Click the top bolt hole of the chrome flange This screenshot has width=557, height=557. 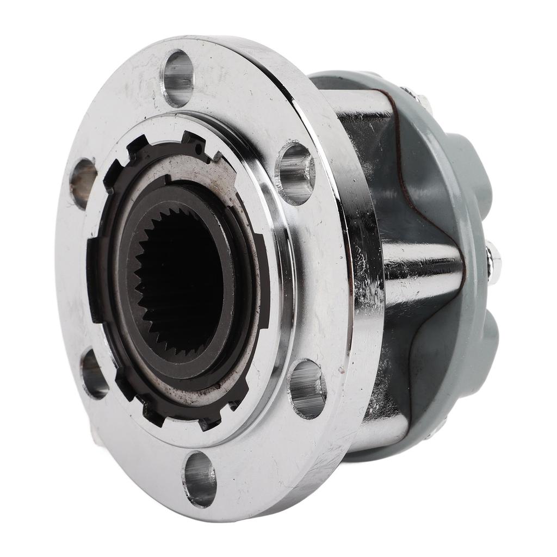pyautogui.click(x=178, y=78)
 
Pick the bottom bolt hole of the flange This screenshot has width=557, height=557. pyautogui.click(x=199, y=479)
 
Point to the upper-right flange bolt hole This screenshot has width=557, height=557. pyautogui.click(x=295, y=172)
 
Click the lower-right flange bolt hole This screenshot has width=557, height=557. pyautogui.click(x=307, y=388)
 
